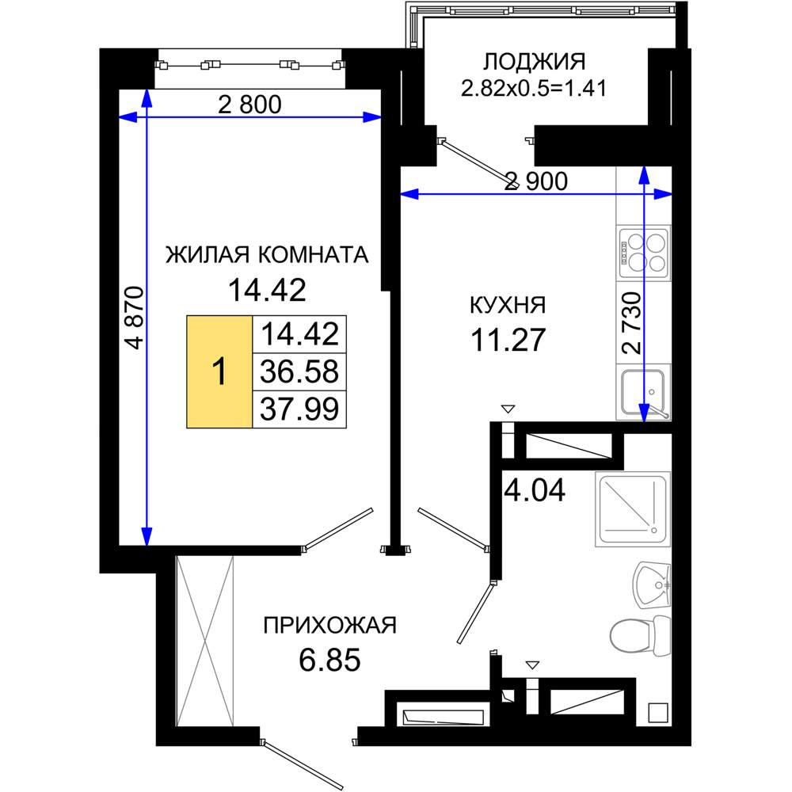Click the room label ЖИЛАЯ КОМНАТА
pos(267,254)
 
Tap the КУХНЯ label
pos(508,306)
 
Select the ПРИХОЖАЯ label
pos(329,626)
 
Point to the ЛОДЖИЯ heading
pos(535,62)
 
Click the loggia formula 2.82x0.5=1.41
pos(533,89)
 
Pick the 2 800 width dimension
pos(249,105)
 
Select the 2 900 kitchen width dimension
pos(536,181)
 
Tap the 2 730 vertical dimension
pos(632,322)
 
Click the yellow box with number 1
pos(219,371)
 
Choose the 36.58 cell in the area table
pos(299,371)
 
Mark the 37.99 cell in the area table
pos(299,409)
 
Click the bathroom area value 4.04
pos(535,490)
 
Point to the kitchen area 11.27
pos(508,340)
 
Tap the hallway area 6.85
pos(329,660)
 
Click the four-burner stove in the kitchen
pos(644,253)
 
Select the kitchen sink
pos(643,394)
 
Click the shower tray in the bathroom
pos(633,509)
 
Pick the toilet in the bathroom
pos(641,634)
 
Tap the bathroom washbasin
pos(652,585)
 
